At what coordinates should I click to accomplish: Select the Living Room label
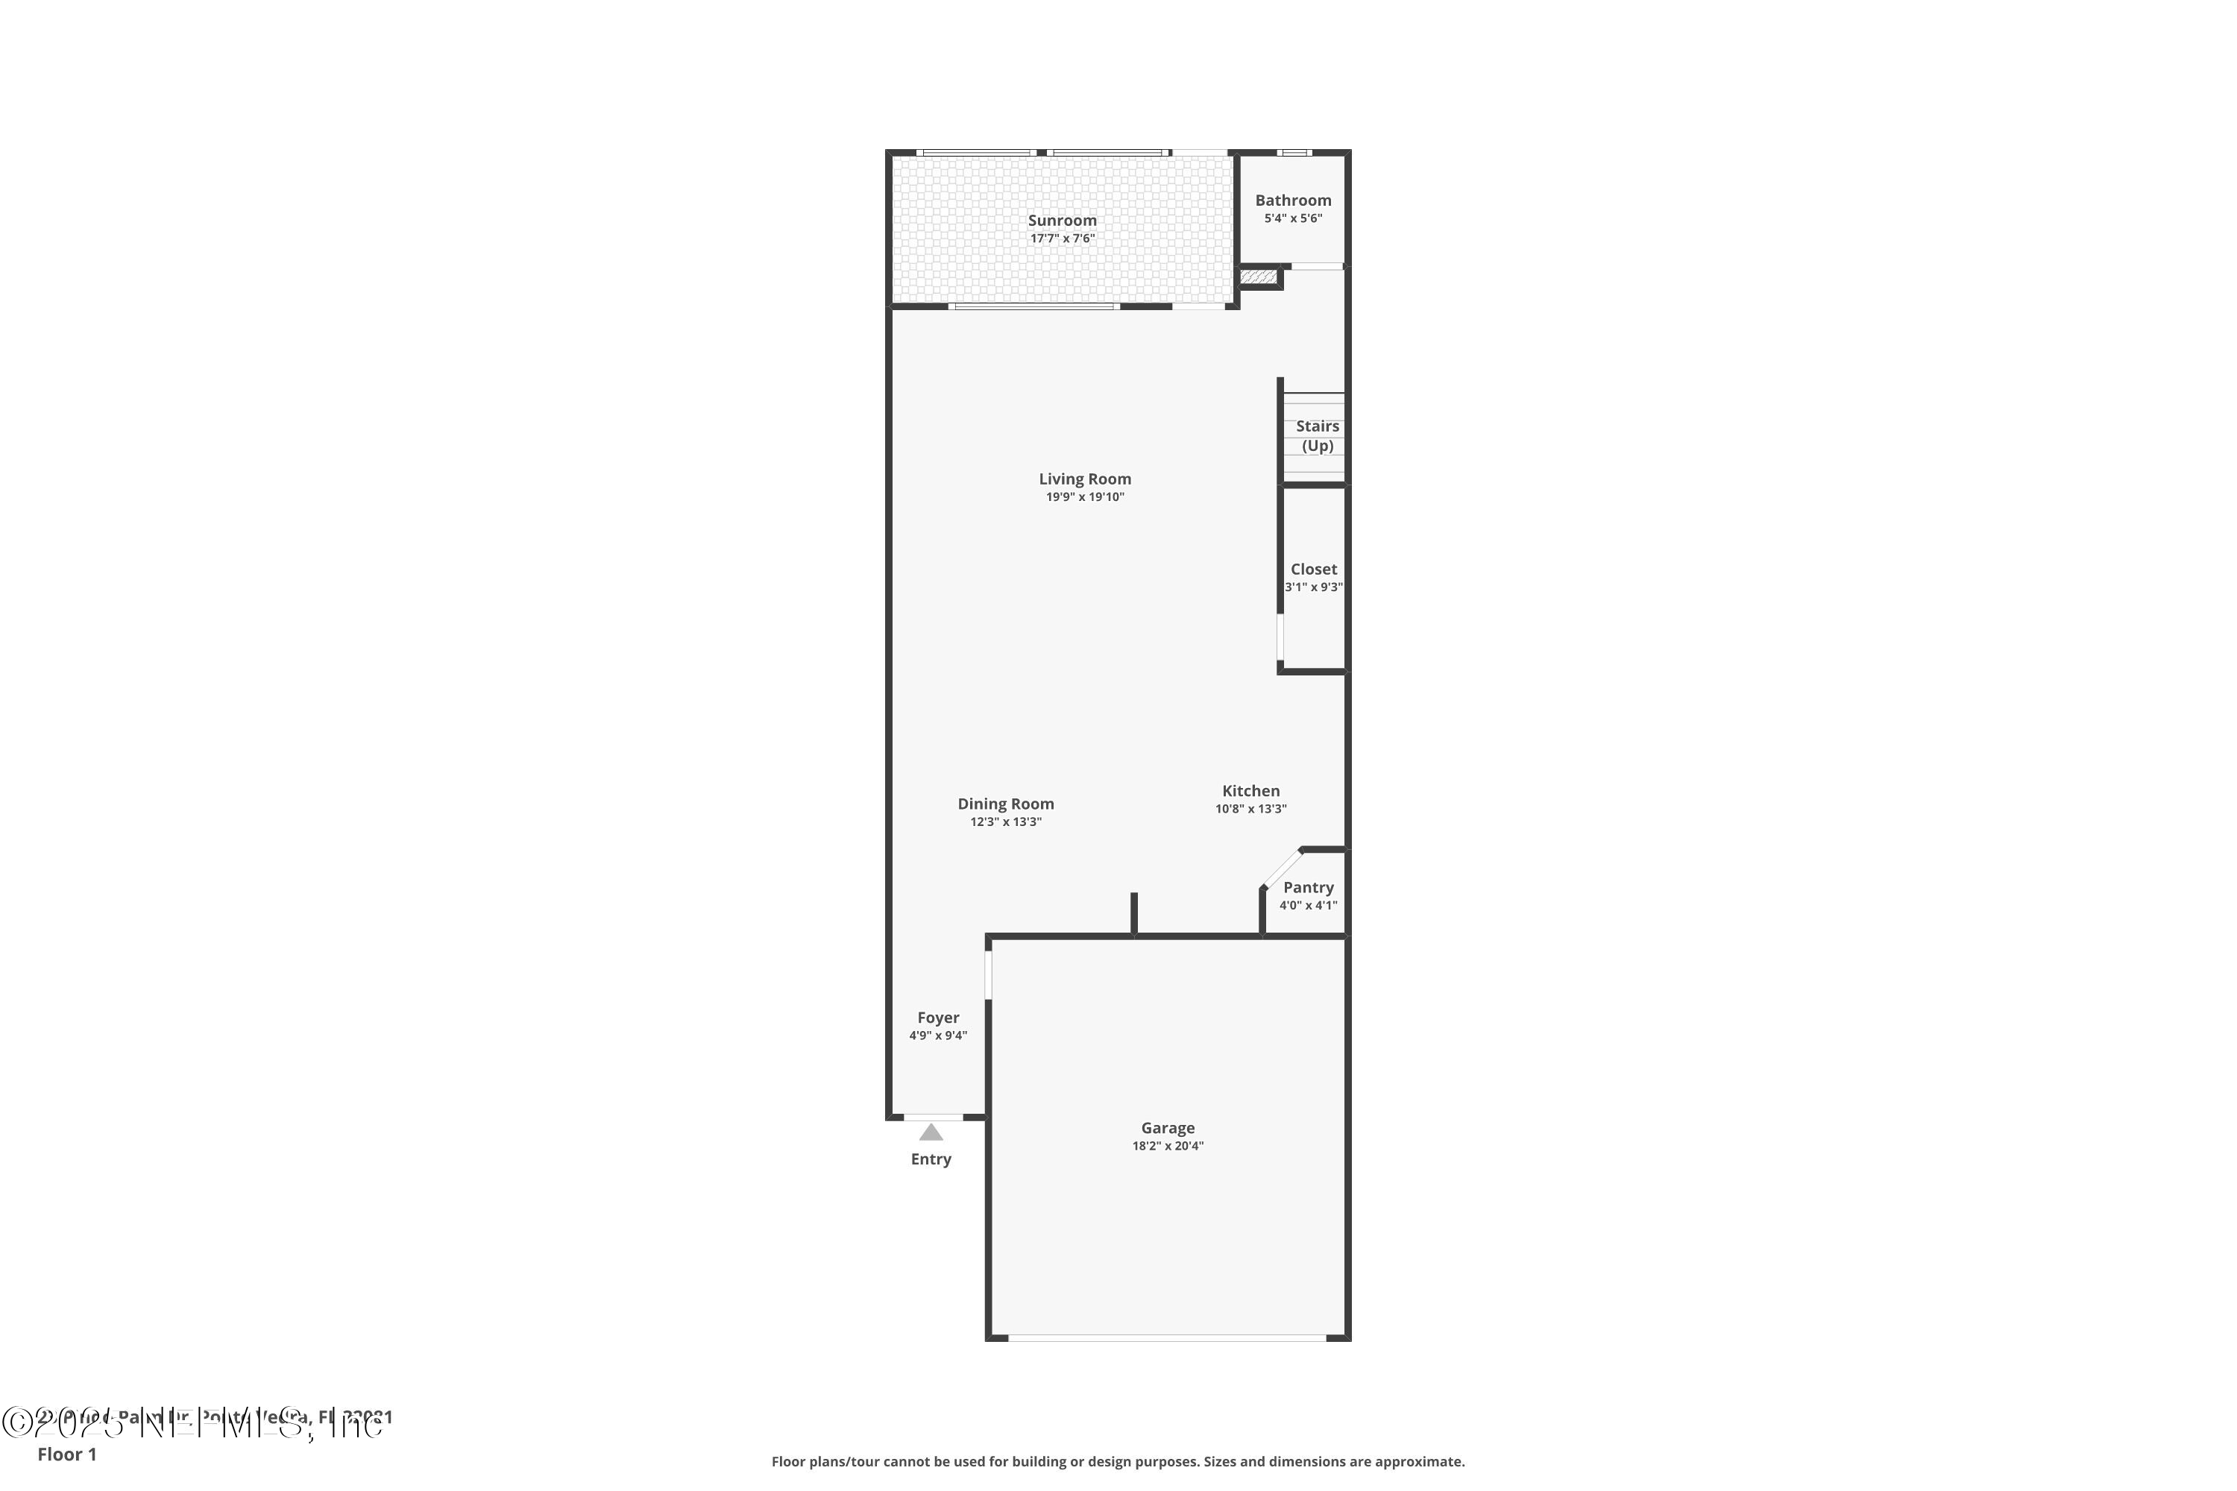1084,479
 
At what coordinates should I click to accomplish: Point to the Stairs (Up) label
1318,435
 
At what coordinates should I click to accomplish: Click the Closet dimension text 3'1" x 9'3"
1313,587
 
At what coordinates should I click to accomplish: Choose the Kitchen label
1250,791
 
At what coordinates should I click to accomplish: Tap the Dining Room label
1005,804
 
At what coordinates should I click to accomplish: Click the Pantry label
1308,887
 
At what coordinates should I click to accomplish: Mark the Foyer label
938,1018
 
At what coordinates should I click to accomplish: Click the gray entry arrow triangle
931,1132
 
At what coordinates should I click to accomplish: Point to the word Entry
931,1159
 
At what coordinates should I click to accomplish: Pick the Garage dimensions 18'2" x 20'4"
1167,1147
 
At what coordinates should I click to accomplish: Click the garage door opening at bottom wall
1167,1338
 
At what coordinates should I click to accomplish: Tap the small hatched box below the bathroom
1259,277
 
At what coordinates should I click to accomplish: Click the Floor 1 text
66,1454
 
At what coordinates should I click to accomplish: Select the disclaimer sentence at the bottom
1118,1461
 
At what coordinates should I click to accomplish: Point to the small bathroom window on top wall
1294,152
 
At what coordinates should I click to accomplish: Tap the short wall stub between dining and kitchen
1133,912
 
